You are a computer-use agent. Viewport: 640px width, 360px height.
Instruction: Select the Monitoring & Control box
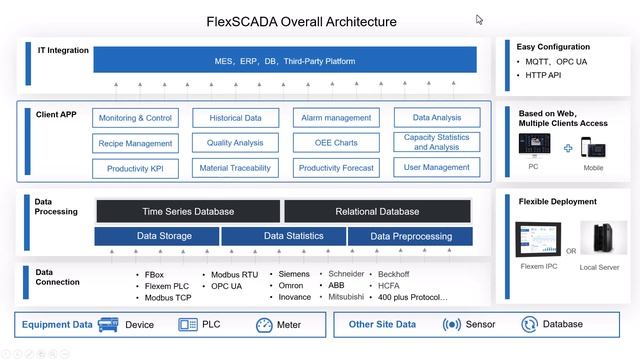coord(135,118)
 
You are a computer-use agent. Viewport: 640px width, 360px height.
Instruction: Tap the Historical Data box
coord(235,118)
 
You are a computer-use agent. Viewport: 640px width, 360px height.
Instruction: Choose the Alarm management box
coord(335,118)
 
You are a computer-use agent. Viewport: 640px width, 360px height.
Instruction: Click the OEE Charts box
coord(335,143)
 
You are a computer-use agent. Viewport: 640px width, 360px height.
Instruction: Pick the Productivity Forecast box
coord(335,168)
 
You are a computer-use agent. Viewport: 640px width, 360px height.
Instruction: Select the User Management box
coord(436,168)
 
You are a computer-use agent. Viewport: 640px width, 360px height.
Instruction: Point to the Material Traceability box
coord(235,168)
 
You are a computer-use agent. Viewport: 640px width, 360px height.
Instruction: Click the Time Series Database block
coord(188,211)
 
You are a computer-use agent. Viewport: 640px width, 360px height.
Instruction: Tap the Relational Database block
coord(378,211)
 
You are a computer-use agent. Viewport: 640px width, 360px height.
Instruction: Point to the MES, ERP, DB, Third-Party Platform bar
coord(284,61)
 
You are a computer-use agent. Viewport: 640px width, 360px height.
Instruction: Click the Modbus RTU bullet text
coord(234,273)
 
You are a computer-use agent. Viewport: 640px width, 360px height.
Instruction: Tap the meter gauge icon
coord(265,325)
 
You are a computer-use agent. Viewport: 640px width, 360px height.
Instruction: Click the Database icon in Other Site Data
coord(530,325)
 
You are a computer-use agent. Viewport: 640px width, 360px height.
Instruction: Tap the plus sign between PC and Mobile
coord(568,148)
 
